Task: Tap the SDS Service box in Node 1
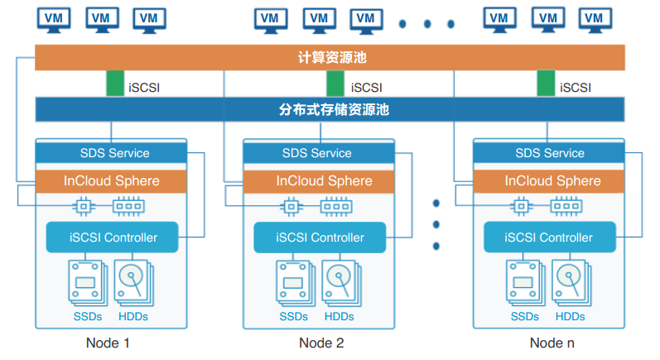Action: click(114, 152)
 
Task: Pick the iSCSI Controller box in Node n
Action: click(550, 238)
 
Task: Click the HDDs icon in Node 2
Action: click(340, 282)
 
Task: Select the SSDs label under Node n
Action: click(524, 316)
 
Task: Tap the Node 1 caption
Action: click(108, 343)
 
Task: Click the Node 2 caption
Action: click(321, 343)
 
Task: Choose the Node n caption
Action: click(552, 343)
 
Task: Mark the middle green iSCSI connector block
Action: click(335, 84)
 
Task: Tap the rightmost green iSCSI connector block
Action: click(546, 84)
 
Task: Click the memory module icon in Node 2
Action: click(335, 204)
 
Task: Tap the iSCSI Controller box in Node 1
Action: click(113, 238)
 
